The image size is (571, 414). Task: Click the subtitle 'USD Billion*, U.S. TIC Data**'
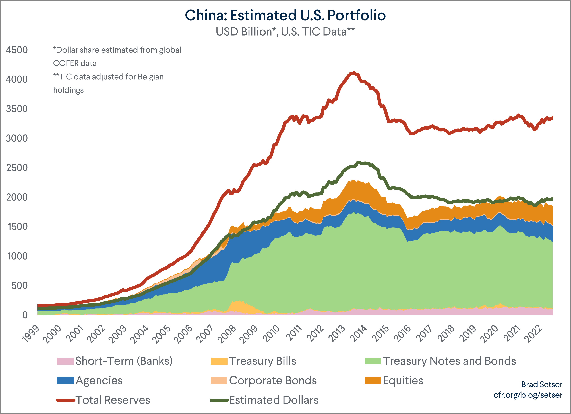(x=285, y=32)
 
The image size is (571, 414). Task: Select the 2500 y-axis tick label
(x=17, y=168)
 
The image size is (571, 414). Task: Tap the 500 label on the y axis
(x=19, y=285)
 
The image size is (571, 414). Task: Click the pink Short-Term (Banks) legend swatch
(x=65, y=361)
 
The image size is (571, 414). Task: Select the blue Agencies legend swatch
(x=65, y=380)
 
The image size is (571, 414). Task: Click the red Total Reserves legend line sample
(x=65, y=400)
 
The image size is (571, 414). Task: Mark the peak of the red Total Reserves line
(x=354, y=73)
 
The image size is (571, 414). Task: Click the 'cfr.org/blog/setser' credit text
(x=528, y=395)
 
